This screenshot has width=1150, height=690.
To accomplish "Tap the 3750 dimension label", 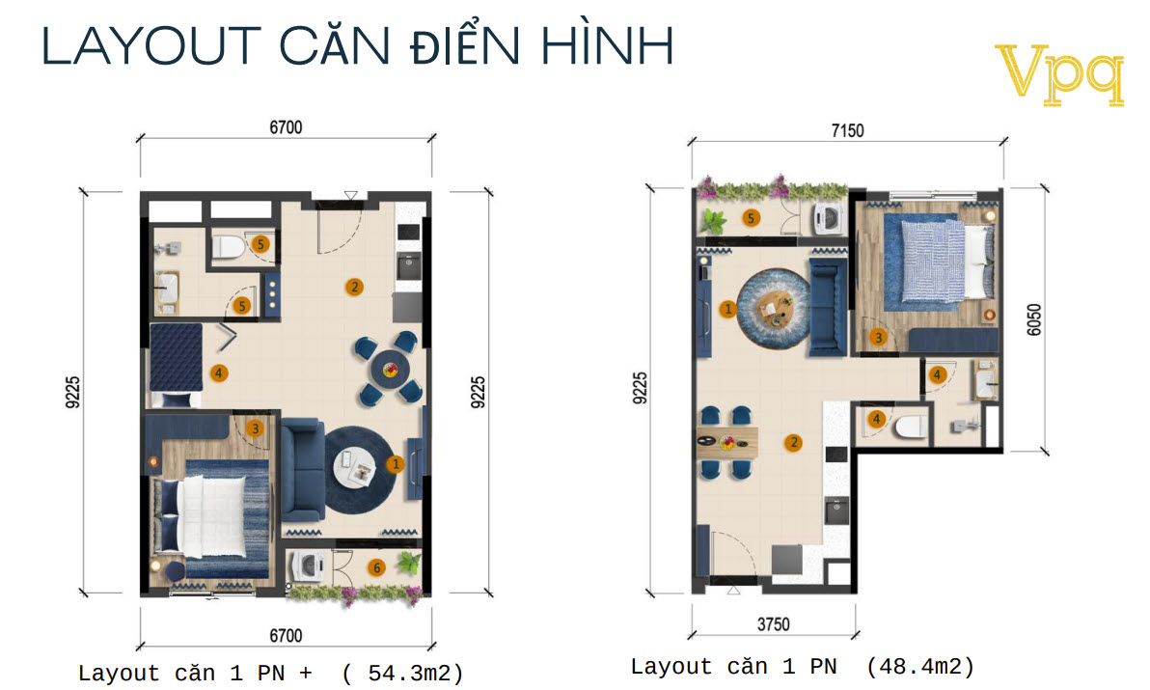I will (x=773, y=623).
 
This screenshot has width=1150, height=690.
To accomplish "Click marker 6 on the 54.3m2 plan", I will (x=377, y=567).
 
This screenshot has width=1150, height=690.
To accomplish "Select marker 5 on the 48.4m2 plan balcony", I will (x=751, y=218).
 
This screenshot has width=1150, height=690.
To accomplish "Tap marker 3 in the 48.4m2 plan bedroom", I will (x=878, y=337).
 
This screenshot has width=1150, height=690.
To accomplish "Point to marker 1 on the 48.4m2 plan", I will (x=727, y=309).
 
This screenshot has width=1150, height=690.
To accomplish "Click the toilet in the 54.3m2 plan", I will (x=228, y=248).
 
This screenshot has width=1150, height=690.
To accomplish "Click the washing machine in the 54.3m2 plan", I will (x=309, y=566).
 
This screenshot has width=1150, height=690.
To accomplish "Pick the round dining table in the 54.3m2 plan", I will (x=391, y=368).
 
